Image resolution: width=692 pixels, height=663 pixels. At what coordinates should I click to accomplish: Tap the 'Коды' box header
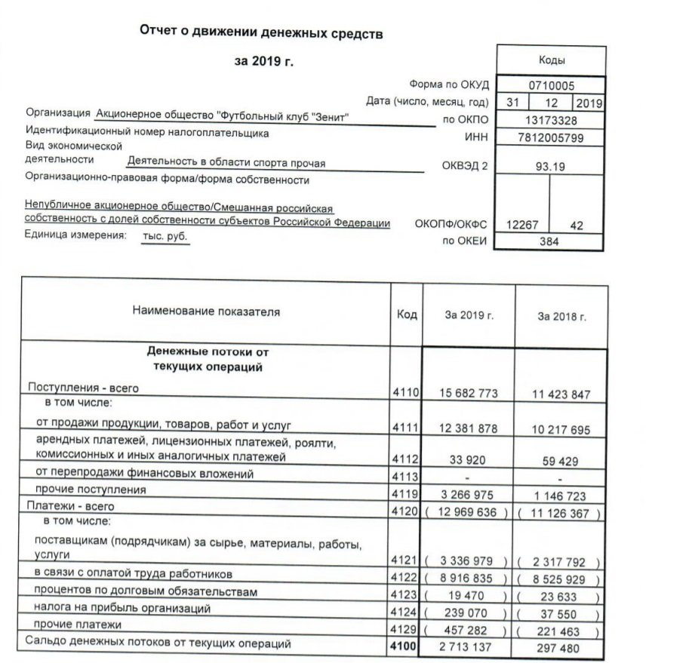552,60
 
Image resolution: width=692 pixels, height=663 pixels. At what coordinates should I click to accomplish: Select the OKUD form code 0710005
552,85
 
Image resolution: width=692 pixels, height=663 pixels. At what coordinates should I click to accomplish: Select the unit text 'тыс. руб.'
164,236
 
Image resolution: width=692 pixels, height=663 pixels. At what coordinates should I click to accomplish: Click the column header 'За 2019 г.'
469,315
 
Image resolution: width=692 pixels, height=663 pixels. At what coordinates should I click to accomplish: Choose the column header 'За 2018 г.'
561,316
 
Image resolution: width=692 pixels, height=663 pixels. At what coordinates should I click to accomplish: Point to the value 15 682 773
469,394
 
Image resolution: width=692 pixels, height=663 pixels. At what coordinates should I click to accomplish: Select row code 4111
405,428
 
